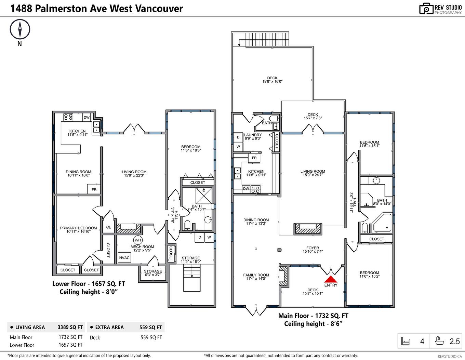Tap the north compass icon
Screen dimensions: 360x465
[x=20, y=29]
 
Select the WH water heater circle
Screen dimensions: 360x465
[x=138, y=240]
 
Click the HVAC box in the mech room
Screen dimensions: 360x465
[x=124, y=257]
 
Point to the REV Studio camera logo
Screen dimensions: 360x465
[x=426, y=9]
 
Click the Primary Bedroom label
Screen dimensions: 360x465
[x=78, y=229]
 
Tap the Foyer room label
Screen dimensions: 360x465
[x=313, y=250]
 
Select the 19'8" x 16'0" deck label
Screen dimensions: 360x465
[x=272, y=80]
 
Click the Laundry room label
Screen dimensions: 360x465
[x=253, y=136]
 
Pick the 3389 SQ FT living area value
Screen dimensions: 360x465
[x=70, y=327]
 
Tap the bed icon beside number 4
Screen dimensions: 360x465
[x=406, y=341]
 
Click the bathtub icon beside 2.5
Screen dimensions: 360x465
[x=439, y=341]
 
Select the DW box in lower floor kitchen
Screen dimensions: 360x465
[x=87, y=117]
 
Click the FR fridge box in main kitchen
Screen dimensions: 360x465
[x=254, y=158]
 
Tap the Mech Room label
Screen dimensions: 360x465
[x=142, y=248]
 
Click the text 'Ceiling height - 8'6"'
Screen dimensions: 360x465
[x=313, y=323]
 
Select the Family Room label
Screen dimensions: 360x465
[x=256, y=277]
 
